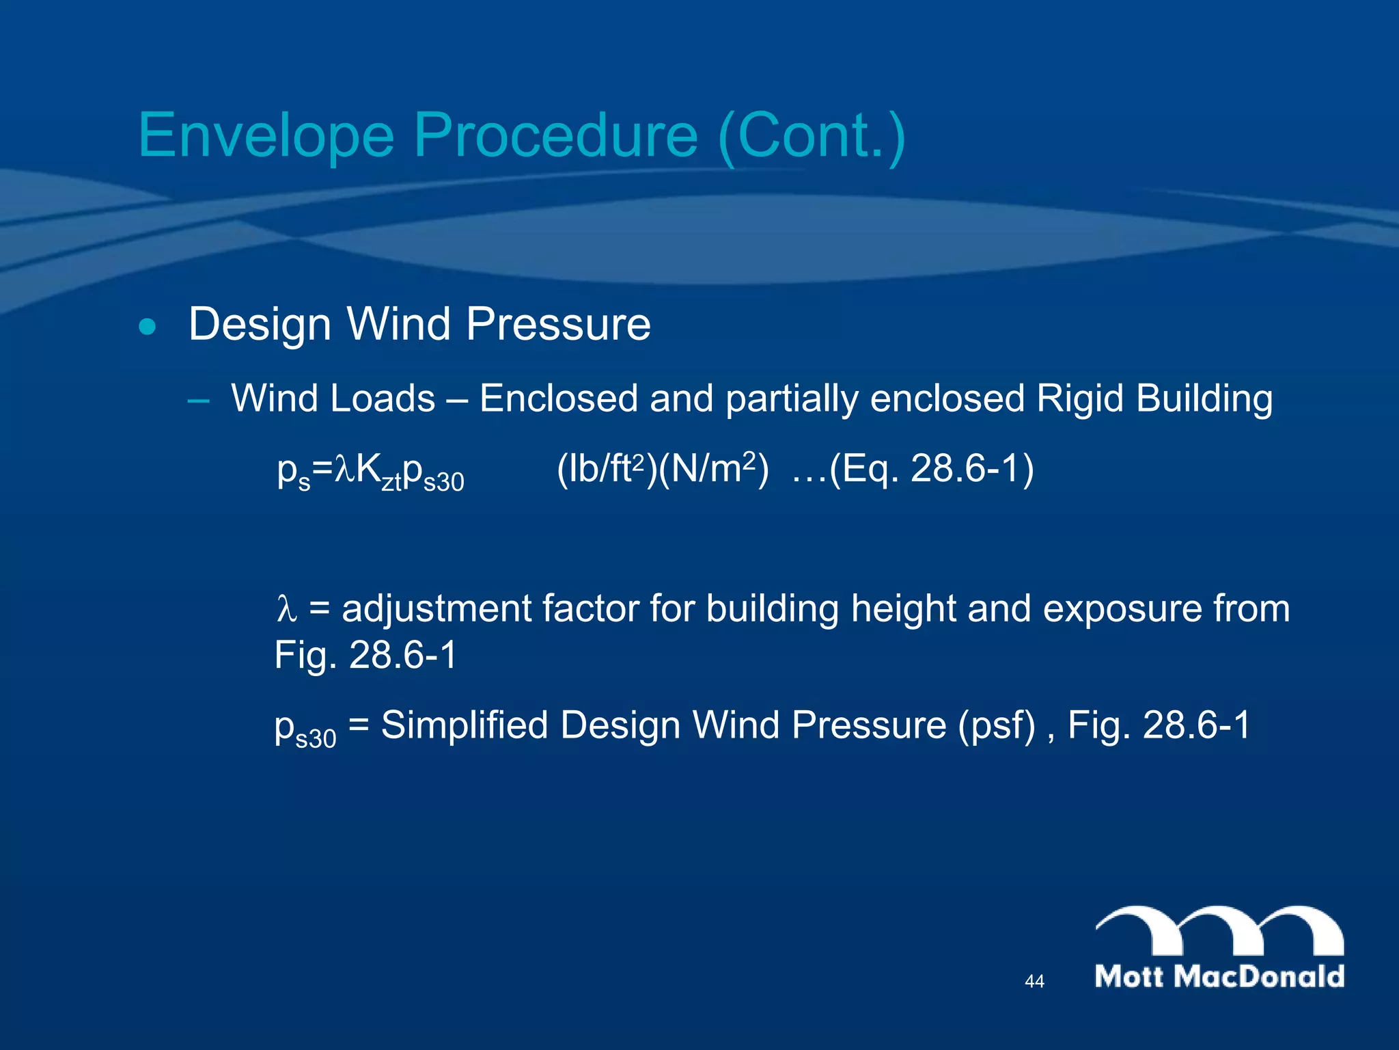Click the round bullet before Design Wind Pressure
(x=147, y=327)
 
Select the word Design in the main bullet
(x=260, y=324)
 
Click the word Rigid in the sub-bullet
(x=1079, y=399)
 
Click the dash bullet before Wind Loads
(x=198, y=401)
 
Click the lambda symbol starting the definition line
(x=286, y=609)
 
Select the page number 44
(x=1034, y=982)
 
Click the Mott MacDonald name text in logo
(x=1219, y=976)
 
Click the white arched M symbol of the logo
(x=1219, y=930)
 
